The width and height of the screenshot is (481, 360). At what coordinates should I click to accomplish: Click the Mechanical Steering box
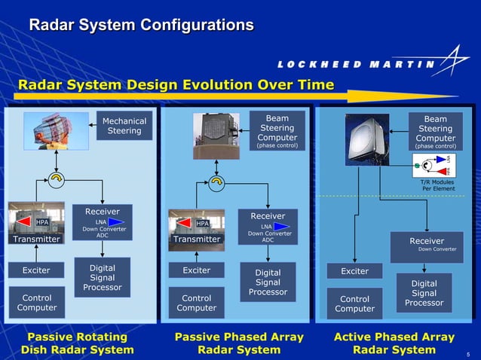point(124,126)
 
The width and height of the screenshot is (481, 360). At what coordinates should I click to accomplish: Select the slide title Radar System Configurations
point(141,26)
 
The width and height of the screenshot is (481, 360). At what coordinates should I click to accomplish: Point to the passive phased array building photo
point(216,136)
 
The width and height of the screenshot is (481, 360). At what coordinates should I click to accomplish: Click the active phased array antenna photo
point(367,139)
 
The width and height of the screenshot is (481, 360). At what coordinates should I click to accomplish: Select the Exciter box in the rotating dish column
point(36,270)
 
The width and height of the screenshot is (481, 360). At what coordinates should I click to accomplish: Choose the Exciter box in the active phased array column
point(354,270)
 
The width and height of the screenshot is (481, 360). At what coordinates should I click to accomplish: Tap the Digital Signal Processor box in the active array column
point(424,293)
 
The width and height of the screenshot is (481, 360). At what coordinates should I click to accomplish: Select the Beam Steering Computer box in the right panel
point(435,131)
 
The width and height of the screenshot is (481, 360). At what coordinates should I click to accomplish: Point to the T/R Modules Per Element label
point(437,185)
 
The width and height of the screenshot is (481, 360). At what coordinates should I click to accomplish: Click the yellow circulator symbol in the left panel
point(55,178)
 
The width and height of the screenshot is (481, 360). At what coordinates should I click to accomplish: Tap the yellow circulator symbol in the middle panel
point(216,182)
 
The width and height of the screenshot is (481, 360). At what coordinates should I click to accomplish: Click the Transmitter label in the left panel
point(36,239)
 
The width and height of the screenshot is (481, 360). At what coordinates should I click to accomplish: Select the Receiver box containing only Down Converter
point(427,246)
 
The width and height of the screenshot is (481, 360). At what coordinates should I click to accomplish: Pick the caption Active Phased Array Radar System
point(394,343)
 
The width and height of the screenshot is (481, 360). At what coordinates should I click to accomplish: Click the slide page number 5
point(467,354)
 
